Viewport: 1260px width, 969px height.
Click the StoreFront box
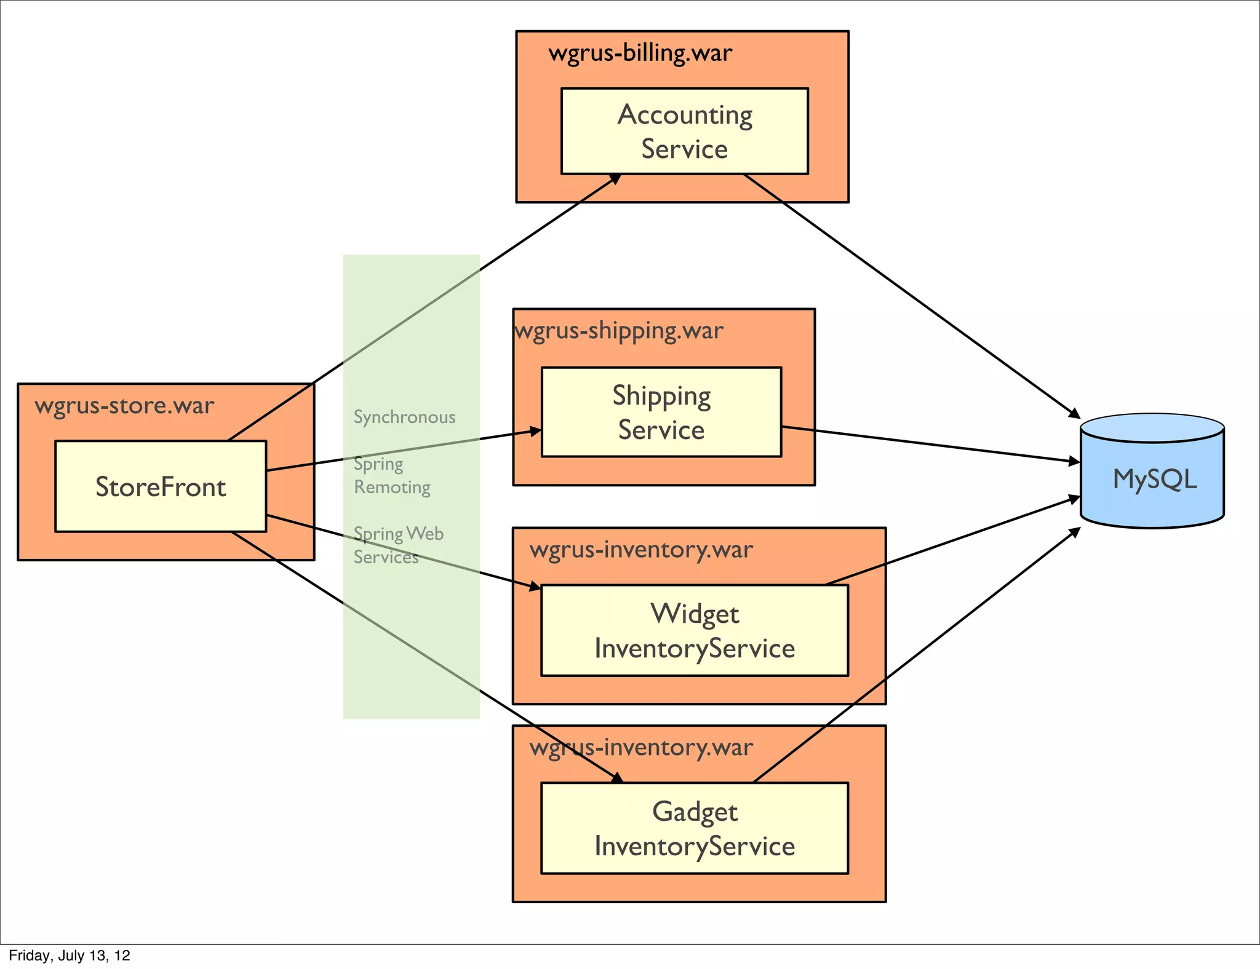(161, 486)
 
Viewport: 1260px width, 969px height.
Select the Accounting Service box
(684, 131)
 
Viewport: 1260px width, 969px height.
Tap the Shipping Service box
(661, 412)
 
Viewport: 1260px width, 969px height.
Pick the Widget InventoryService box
(694, 630)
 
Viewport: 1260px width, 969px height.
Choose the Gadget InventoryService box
(694, 828)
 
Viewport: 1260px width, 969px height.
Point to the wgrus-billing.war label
(640, 53)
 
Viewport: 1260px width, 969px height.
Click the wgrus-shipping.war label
(619, 331)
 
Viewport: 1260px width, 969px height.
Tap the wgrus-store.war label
(124, 406)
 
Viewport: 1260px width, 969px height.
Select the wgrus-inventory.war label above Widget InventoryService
(641, 549)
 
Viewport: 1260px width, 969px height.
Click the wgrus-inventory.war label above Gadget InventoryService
(641, 748)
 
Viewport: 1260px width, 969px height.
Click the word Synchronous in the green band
(404, 417)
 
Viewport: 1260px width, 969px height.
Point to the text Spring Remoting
(392, 475)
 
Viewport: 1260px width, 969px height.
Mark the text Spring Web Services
(398, 545)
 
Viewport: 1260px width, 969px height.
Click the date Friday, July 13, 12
(70, 955)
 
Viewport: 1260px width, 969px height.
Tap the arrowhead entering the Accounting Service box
(616, 178)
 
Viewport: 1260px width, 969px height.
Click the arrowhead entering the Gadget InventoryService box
(618, 778)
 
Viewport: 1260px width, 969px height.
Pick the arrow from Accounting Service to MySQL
(911, 295)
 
